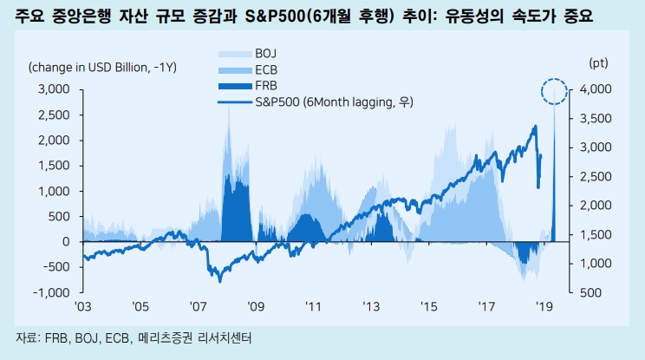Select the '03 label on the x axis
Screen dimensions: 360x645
point(83,306)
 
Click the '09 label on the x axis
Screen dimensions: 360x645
point(256,306)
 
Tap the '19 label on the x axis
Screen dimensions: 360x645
point(544,306)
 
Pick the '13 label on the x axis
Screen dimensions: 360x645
point(371,306)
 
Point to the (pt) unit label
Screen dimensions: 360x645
point(598,63)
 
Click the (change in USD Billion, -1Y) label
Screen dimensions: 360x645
point(102,67)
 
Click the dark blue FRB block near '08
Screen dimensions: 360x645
point(232,204)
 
